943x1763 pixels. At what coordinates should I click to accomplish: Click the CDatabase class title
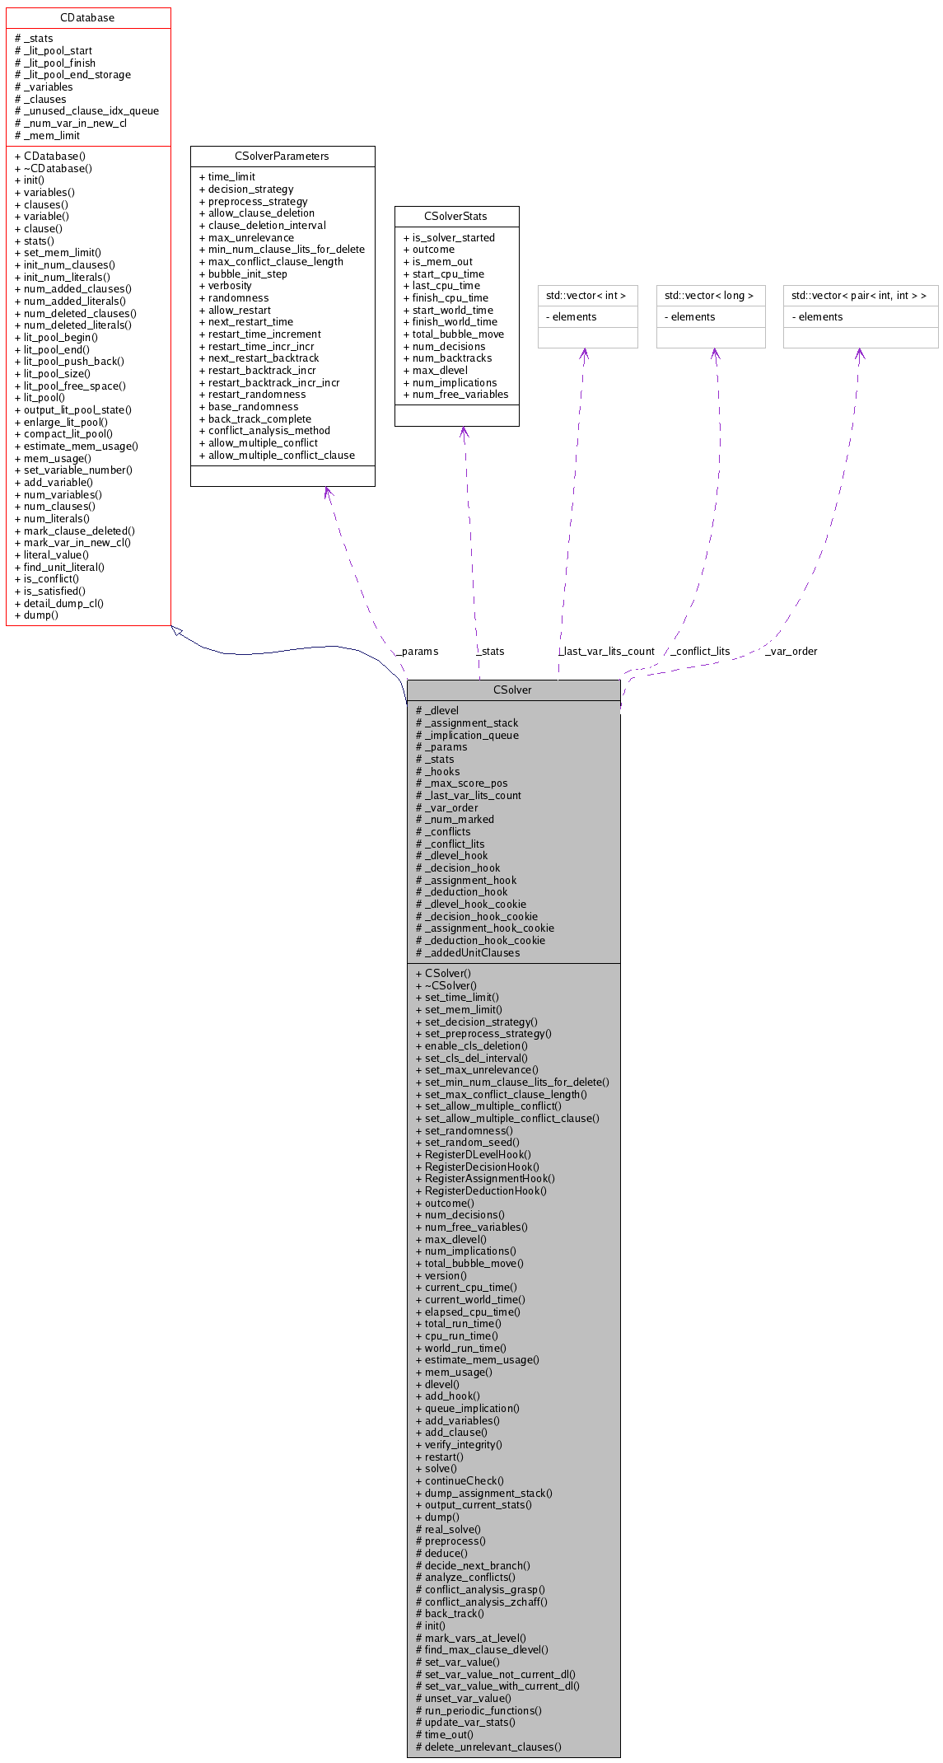(x=87, y=17)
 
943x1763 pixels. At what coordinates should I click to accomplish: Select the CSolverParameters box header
(x=282, y=156)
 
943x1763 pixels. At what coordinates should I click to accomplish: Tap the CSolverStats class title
(x=455, y=216)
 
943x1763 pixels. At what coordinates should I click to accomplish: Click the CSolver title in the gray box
(x=512, y=690)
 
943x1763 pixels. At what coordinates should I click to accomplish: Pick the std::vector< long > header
(x=709, y=295)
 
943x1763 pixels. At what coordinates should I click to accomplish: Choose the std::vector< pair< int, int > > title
(x=859, y=295)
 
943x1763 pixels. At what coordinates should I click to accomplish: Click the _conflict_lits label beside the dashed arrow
(x=701, y=652)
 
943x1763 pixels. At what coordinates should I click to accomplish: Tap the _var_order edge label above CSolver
(x=791, y=652)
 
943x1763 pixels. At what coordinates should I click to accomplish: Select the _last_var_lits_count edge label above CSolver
(x=607, y=652)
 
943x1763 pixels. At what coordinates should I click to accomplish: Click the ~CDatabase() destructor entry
(x=58, y=168)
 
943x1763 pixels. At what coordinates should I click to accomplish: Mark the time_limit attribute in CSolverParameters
(x=231, y=176)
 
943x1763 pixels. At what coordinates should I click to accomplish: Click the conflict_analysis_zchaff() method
(x=486, y=1602)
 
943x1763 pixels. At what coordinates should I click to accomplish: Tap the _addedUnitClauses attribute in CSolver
(x=472, y=952)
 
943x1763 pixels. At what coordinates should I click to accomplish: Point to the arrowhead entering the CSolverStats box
(x=463, y=432)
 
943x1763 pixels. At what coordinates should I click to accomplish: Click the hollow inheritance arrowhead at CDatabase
(x=176, y=630)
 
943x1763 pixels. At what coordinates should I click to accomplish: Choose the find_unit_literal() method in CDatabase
(x=63, y=567)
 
